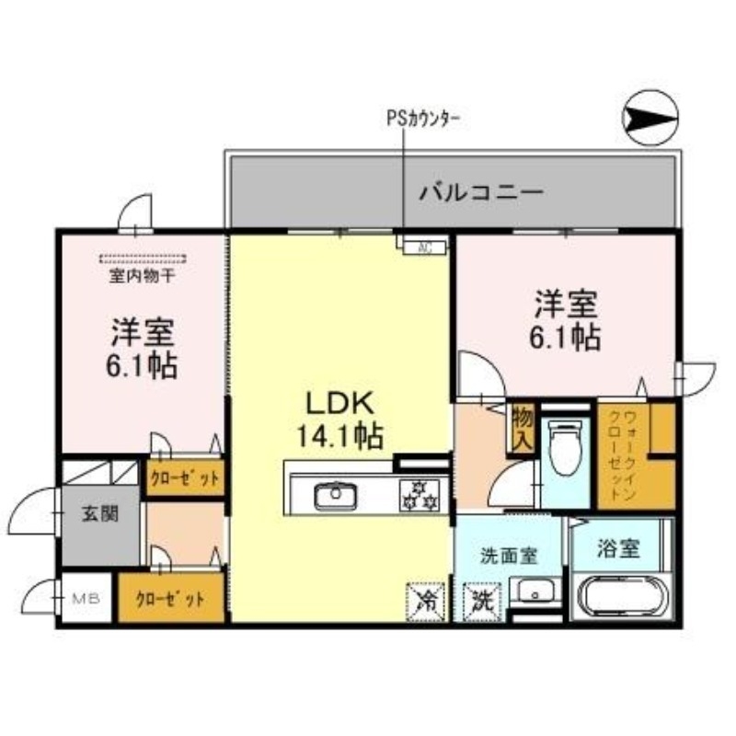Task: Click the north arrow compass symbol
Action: [x=650, y=119]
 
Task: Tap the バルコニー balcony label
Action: [x=481, y=192]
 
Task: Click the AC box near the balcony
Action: [x=421, y=246]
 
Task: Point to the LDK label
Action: [x=339, y=403]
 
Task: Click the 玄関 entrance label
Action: [x=101, y=514]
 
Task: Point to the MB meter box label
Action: [x=86, y=599]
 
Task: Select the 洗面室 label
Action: [x=508, y=557]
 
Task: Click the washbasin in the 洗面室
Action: [x=535, y=591]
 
